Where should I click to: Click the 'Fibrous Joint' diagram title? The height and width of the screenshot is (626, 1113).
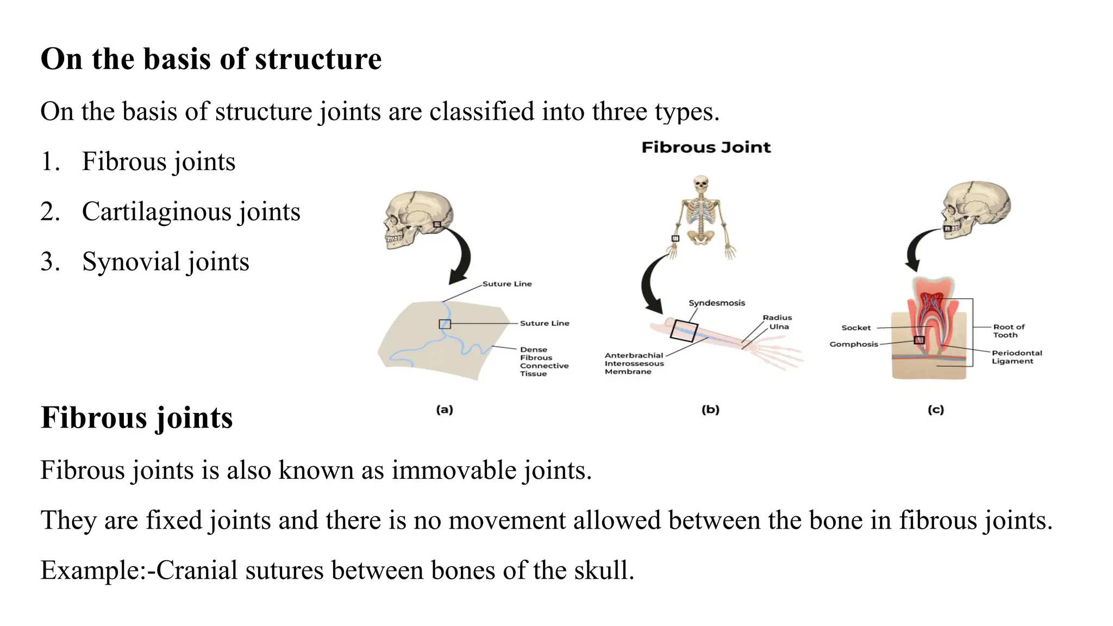point(706,147)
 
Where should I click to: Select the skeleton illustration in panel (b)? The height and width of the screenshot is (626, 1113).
point(702,217)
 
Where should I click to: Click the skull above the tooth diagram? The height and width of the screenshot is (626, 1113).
point(976,210)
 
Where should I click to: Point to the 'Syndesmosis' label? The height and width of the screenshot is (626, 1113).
point(716,303)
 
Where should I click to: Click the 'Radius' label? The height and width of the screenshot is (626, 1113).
point(777,317)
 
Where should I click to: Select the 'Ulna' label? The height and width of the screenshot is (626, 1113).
point(779,327)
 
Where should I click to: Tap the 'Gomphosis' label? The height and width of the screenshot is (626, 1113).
point(853,344)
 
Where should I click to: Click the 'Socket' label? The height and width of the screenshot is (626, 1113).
point(855,328)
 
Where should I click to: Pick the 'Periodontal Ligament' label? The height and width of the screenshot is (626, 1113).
point(1016,356)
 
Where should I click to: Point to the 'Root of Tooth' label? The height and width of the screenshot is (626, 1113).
point(1008,330)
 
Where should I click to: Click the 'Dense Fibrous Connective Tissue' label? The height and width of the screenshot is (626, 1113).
point(543,361)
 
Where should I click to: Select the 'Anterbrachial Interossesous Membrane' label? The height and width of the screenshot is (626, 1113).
point(634,363)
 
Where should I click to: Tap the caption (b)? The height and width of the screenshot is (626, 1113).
point(710,410)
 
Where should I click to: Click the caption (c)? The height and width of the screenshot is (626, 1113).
point(935,410)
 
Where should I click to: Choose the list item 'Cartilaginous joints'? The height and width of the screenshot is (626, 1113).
point(191,211)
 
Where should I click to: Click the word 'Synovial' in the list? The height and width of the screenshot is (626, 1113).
point(131,261)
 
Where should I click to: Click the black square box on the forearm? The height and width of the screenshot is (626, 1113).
point(684,330)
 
